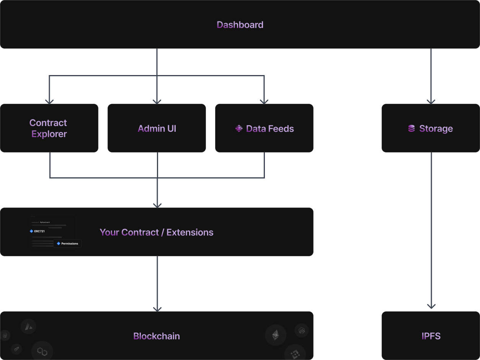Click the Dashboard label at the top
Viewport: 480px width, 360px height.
(x=240, y=25)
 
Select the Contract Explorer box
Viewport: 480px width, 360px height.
(x=49, y=128)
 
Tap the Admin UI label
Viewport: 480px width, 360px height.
(x=157, y=129)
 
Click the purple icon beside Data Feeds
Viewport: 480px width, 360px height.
(x=239, y=129)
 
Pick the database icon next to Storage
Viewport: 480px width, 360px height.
(x=411, y=129)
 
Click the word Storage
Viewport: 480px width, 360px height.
(x=436, y=129)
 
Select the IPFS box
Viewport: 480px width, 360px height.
(x=431, y=336)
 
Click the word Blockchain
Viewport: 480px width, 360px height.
(x=157, y=336)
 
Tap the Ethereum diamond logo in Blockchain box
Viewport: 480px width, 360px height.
(x=276, y=335)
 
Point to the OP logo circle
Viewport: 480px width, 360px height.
(x=16, y=349)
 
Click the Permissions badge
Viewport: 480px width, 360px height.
(x=68, y=244)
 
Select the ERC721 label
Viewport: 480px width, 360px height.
(x=39, y=231)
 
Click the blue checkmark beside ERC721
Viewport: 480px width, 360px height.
(x=31, y=231)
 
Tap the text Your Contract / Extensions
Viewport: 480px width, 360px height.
(x=157, y=232)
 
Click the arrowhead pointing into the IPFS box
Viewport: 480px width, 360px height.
(x=431, y=307)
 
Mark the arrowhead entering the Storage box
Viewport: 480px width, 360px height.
(x=431, y=101)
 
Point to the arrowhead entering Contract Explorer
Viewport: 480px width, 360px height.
(x=49, y=101)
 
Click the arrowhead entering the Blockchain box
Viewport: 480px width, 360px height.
(x=157, y=309)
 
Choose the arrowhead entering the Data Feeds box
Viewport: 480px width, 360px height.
(x=264, y=101)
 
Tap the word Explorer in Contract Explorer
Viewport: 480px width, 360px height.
(x=49, y=134)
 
